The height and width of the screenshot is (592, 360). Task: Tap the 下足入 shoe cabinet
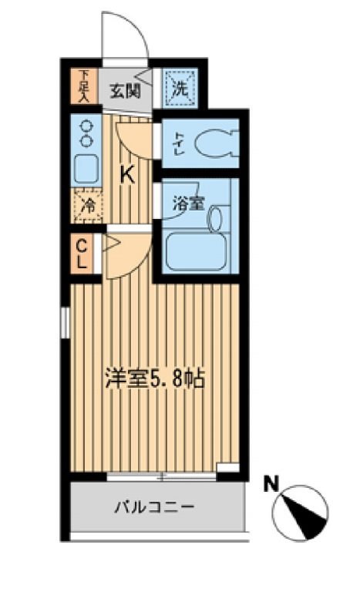tap(83, 87)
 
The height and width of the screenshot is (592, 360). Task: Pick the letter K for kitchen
tap(126, 175)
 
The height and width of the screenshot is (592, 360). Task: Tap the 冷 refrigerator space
tap(89, 207)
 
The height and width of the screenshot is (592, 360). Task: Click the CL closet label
tap(82, 254)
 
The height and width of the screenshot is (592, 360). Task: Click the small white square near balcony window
tap(228, 468)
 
